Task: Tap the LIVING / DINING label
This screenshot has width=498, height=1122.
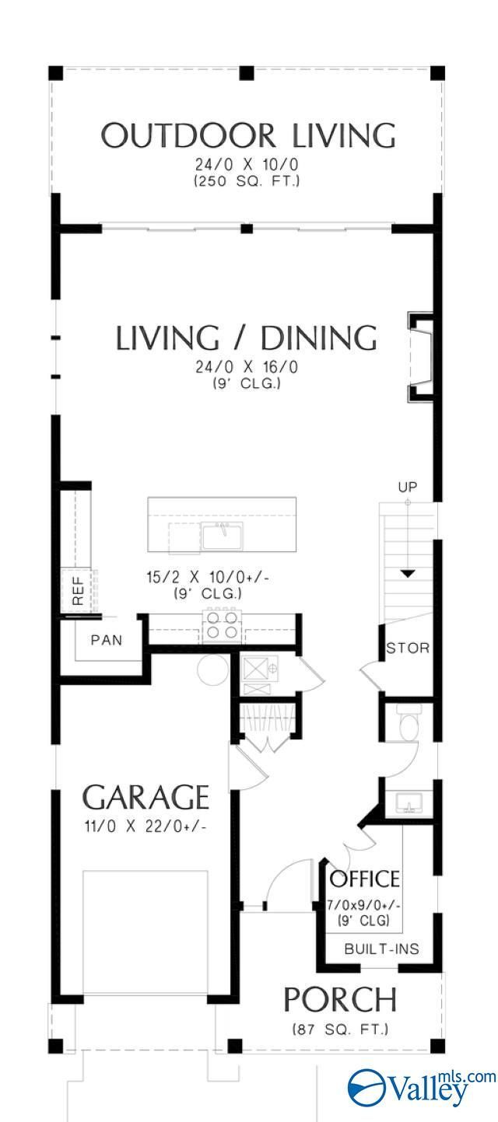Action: point(246,337)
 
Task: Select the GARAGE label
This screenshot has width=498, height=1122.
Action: point(146,797)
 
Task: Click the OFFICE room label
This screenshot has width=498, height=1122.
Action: point(365,879)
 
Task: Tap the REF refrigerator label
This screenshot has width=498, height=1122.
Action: point(78,591)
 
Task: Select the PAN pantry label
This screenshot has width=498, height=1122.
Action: point(107,640)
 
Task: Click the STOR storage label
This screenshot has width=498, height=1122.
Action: point(408,648)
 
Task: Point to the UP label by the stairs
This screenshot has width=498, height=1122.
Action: point(408,487)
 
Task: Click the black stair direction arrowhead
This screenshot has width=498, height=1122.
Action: point(409,574)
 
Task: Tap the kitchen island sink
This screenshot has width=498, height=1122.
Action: point(223,536)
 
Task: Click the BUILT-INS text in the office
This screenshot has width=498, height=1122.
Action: point(381,948)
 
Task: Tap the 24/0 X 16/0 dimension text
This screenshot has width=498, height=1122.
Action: point(246,367)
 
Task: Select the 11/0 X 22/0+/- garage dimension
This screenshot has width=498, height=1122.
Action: point(146,826)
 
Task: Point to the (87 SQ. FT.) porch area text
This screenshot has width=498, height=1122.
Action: point(341,1029)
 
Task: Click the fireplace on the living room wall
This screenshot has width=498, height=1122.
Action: point(420,358)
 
